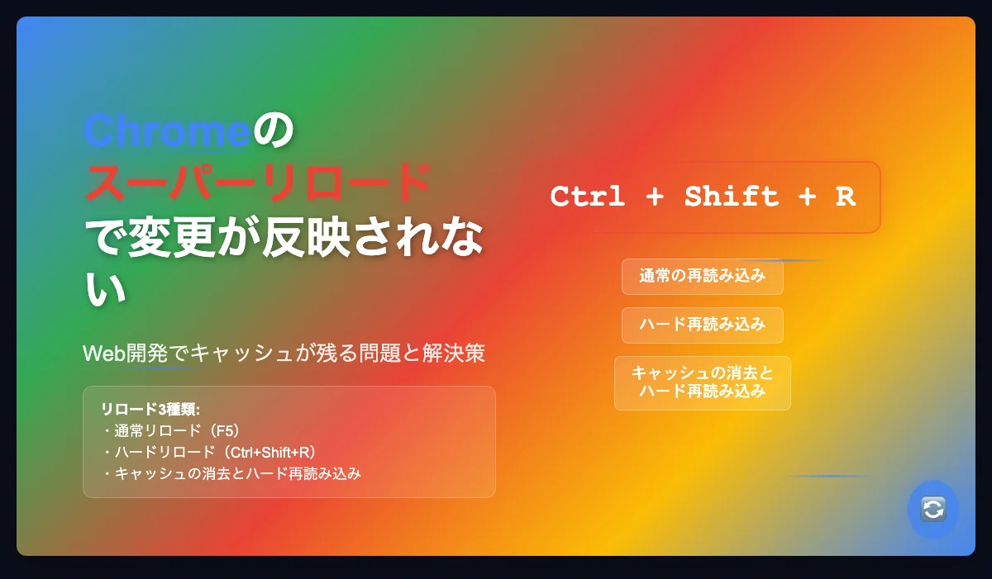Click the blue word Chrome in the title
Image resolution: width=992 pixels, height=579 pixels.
[167, 131]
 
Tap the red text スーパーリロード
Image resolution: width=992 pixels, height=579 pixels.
[258, 183]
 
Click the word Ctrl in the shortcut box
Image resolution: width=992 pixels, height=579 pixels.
[588, 197]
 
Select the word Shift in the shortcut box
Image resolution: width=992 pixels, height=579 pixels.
[732, 197]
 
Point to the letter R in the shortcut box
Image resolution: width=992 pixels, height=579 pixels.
[845, 197]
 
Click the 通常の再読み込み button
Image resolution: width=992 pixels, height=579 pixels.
[703, 277]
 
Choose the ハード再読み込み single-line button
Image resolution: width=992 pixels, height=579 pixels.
[703, 325]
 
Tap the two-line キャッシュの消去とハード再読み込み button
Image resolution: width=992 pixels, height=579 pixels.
[703, 383]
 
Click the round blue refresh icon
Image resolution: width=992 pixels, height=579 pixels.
[933, 509]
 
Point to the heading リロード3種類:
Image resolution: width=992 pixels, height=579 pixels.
[150, 409]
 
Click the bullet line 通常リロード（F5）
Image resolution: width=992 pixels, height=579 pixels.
[172, 431]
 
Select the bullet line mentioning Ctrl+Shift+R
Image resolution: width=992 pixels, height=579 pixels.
[210, 452]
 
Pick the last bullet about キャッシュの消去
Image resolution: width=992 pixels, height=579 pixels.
[231, 474]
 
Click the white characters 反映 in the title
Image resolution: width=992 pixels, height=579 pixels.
[307, 237]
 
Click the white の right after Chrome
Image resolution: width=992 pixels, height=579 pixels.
[274, 131]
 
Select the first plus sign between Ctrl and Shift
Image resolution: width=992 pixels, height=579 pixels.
[655, 197]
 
